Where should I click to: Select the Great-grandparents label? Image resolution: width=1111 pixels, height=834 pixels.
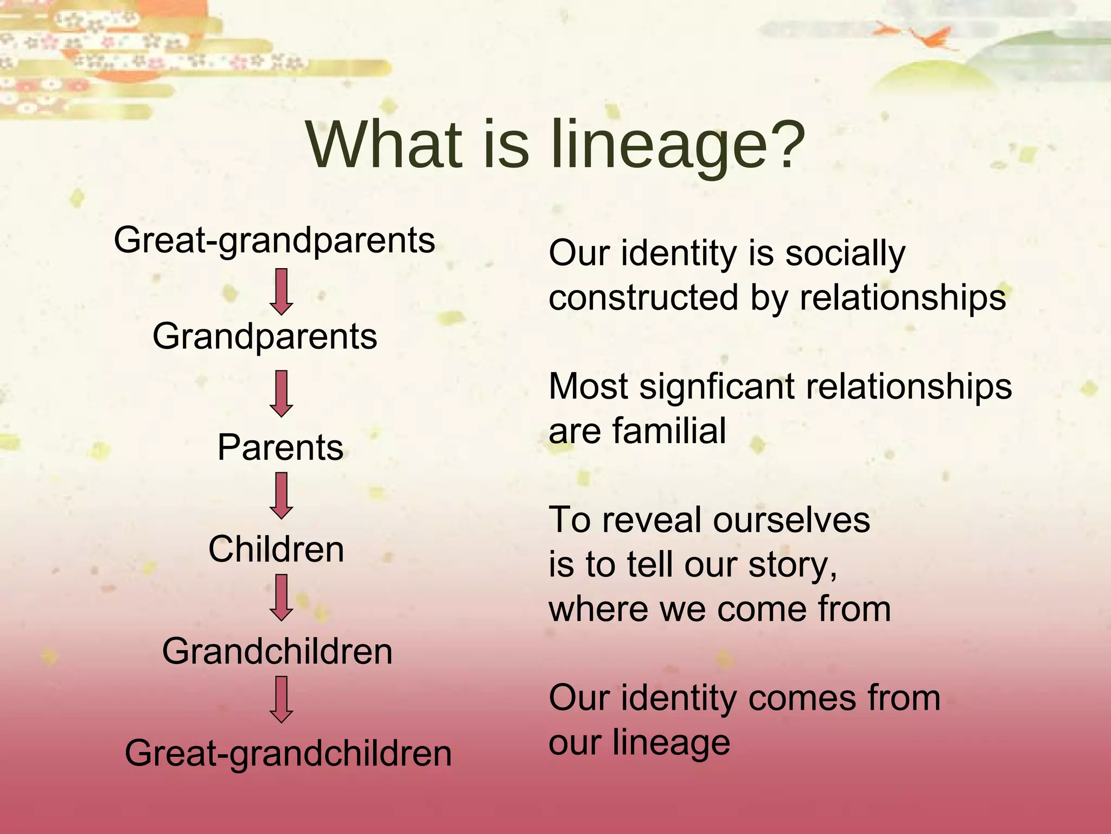click(274, 241)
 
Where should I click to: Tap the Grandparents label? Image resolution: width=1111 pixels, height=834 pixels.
click(264, 337)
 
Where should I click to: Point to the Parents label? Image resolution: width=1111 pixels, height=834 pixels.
click(280, 447)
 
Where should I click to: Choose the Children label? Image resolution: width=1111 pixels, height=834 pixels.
click(276, 549)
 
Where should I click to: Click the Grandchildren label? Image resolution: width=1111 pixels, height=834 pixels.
click(277, 652)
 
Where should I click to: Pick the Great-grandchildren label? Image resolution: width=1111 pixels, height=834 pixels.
click(288, 754)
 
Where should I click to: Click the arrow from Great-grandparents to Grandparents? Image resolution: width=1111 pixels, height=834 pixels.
click(281, 292)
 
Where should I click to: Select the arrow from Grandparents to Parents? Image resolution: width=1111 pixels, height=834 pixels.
click(281, 394)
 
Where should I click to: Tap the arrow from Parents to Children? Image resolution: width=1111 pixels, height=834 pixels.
click(281, 495)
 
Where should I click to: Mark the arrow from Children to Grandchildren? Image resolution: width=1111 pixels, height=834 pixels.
click(281, 597)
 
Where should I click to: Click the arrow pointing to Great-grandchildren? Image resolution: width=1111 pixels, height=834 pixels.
click(281, 699)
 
